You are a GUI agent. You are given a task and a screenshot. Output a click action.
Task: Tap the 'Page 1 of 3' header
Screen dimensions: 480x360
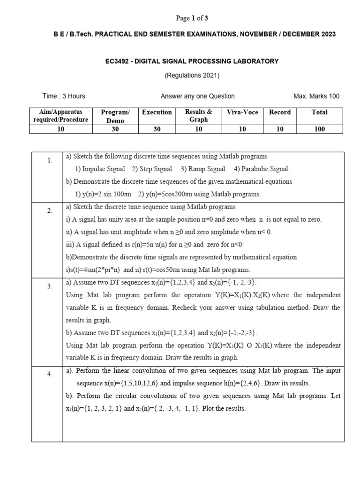tap(192, 18)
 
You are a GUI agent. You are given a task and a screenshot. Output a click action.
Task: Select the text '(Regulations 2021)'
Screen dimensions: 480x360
tap(192, 75)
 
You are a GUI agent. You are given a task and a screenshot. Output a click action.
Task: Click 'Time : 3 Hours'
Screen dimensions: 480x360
tap(64, 96)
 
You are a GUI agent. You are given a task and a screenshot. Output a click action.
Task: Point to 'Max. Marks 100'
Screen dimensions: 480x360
tap(316, 96)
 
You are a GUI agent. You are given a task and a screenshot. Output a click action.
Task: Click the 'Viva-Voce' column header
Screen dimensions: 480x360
tap(242, 112)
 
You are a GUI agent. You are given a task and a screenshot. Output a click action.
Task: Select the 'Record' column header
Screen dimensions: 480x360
tap(280, 112)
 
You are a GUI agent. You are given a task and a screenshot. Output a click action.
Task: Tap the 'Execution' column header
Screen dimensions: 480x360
tap(157, 112)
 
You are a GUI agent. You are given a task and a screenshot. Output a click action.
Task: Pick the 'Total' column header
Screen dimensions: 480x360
tap(320, 112)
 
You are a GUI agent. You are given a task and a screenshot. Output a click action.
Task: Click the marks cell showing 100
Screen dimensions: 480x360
tap(320, 129)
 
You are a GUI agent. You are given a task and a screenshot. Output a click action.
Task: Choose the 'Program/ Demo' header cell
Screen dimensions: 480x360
tap(115, 116)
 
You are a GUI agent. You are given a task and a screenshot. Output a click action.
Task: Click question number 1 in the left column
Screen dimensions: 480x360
tap(50, 160)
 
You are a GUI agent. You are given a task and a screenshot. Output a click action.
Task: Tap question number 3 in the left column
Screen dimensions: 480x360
tap(50, 286)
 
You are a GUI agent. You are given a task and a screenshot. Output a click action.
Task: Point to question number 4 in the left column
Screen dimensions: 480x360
tap(50, 374)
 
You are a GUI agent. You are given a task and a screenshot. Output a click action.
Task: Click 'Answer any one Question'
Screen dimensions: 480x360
tap(197, 96)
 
